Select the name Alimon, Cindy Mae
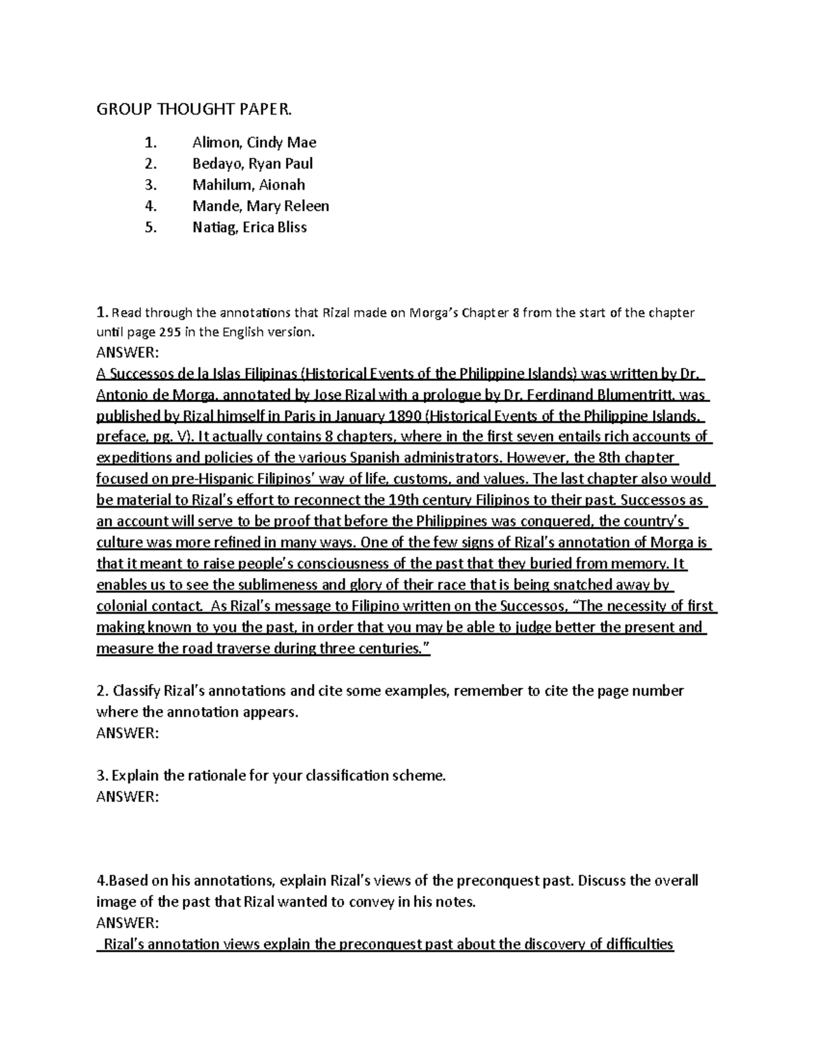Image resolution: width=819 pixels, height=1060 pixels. point(254,143)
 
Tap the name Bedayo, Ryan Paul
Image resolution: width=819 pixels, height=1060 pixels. point(253,164)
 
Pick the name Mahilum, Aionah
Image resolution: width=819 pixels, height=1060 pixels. point(248,185)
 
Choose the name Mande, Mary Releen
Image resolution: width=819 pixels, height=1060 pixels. point(261,206)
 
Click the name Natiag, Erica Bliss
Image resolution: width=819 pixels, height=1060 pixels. point(249,227)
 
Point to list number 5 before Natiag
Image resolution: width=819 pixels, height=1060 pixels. point(150,227)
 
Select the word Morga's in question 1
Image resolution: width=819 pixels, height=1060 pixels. point(434,313)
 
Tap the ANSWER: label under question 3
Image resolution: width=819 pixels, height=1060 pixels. point(128,797)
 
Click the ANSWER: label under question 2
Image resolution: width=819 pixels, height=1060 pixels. point(128,733)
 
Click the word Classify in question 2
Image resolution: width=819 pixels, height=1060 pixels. point(139,691)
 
